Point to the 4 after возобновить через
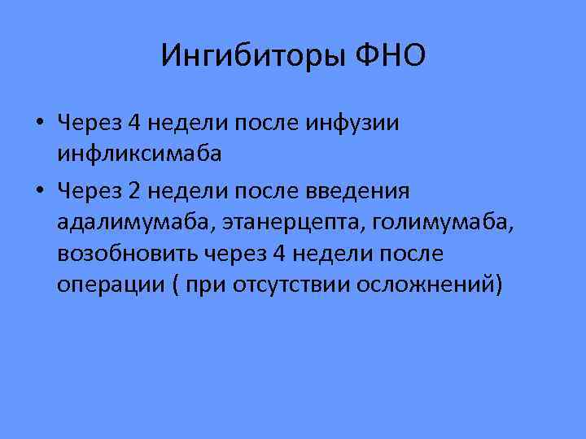click(279, 254)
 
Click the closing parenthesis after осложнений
click(498, 286)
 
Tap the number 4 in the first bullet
click(136, 123)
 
